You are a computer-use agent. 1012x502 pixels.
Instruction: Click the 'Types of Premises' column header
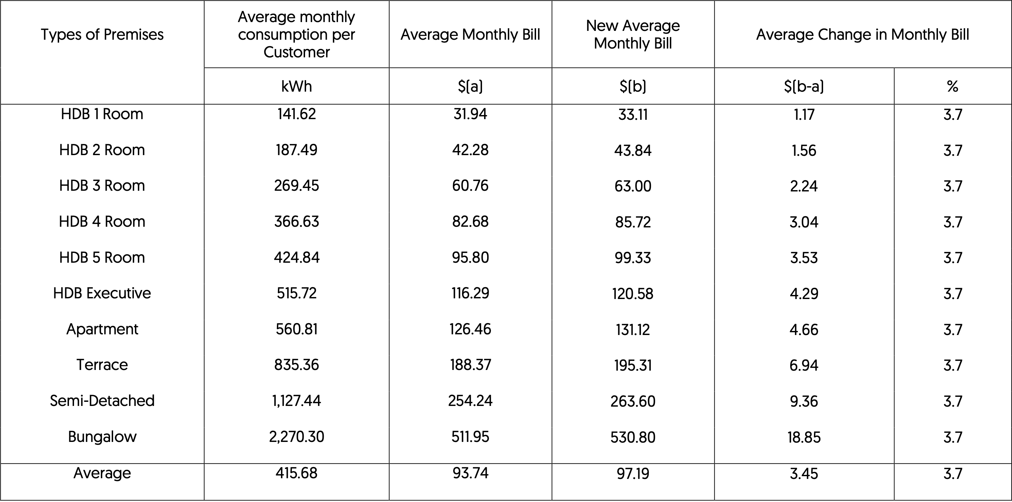point(102,35)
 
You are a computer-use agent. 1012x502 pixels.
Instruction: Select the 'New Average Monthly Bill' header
point(633,35)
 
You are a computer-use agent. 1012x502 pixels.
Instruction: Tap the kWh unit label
point(297,86)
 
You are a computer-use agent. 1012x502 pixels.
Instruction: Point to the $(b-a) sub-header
point(804,86)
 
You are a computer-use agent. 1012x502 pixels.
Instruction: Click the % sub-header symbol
point(953,86)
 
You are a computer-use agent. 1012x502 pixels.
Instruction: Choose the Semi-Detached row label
point(102,401)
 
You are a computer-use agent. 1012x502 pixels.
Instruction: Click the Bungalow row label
point(102,436)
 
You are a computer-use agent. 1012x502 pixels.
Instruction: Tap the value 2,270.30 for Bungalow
point(297,436)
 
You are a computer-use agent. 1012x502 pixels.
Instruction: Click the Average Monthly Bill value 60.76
point(470,186)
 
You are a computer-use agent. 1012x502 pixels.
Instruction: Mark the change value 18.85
point(804,437)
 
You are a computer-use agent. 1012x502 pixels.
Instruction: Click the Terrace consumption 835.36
point(297,365)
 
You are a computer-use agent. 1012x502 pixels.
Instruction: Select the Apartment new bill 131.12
point(633,330)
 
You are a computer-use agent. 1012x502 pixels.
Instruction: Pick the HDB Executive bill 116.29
point(470,293)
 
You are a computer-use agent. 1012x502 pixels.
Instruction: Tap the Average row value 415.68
point(297,473)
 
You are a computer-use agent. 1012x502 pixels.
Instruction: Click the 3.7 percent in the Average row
point(953,474)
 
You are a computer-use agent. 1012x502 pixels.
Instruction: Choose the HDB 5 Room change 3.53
point(804,258)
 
